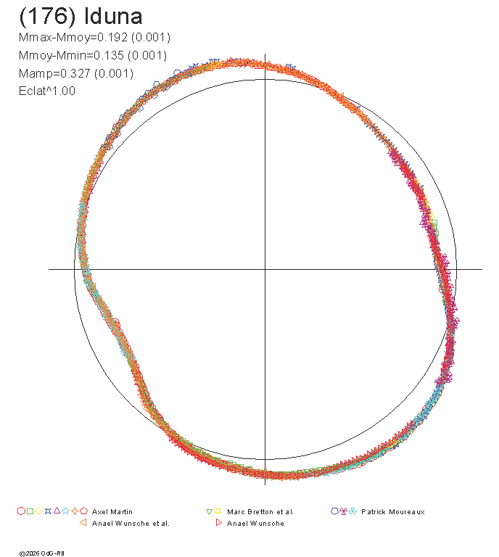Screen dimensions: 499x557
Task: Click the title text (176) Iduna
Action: coord(81,17)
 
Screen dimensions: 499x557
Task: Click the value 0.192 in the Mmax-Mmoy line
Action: coord(112,37)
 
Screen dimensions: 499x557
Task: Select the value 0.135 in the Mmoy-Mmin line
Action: coord(109,55)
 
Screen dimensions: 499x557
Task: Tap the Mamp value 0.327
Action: coord(75,73)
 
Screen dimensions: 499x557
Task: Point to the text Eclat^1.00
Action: coord(47,91)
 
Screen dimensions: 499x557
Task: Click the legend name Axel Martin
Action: coord(112,512)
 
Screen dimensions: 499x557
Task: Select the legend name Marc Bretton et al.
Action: coord(260,512)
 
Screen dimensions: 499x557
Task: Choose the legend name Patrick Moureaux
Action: coord(393,512)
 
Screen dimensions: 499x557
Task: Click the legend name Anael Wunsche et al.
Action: coord(131,524)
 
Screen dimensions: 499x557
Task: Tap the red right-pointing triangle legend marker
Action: coord(219,522)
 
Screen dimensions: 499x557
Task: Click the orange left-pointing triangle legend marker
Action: coord(83,522)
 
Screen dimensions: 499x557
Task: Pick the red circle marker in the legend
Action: coord(21,511)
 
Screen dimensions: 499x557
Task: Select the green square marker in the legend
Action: coord(30,511)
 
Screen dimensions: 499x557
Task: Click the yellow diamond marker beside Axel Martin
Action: coord(39,511)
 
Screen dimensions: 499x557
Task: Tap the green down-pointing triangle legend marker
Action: coord(209,512)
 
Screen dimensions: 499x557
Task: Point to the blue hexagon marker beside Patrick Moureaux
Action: coord(334,511)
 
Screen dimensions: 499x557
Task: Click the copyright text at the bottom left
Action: coord(42,553)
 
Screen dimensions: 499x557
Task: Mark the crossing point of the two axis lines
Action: coord(265,269)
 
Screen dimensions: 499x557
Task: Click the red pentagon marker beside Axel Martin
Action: coord(84,511)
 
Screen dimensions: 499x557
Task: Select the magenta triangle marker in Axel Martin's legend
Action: coord(57,511)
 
